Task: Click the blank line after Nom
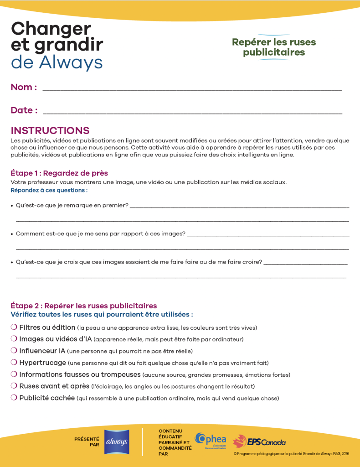191,90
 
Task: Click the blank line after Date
191,113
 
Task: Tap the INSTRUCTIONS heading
50,131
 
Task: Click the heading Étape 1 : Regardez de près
59,173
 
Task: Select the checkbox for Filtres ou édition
14,327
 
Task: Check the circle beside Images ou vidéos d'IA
14,339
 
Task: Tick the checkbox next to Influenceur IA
14,351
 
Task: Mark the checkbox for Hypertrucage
14,363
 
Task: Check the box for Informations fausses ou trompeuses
14,374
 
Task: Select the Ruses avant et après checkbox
14,386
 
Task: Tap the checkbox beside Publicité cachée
14,398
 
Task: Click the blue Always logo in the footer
117,442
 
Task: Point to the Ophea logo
211,440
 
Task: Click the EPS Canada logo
259,441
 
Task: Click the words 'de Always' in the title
57,62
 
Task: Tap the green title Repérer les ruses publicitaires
273,47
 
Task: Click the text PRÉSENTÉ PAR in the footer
87,442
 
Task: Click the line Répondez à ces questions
49,190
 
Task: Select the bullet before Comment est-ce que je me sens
12,233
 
